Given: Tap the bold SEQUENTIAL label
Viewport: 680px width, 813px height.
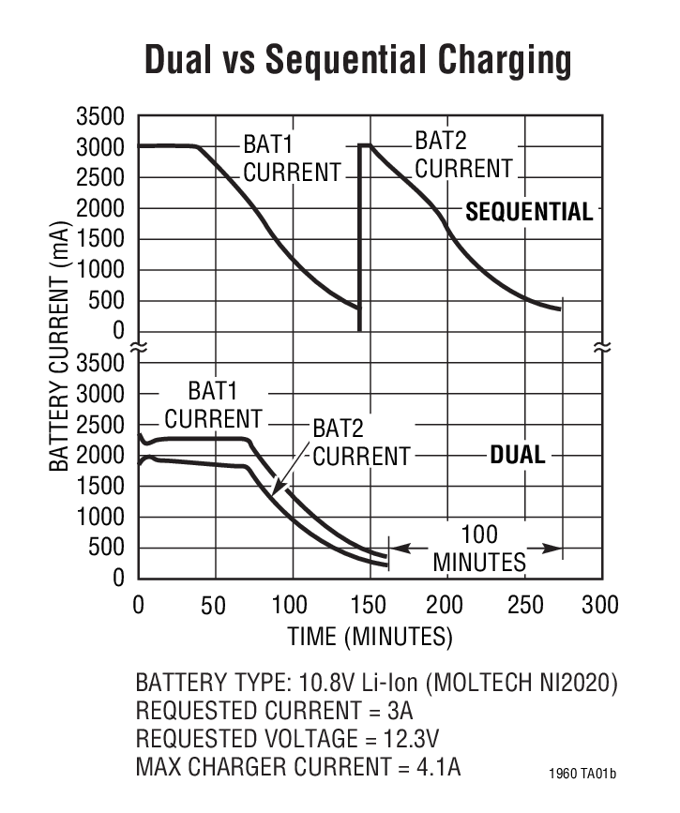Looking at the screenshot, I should (529, 211).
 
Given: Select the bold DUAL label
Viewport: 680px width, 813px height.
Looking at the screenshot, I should (517, 456).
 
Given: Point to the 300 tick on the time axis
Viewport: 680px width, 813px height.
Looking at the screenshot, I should (598, 605).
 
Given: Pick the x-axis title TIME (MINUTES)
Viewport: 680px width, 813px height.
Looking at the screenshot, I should (370, 638).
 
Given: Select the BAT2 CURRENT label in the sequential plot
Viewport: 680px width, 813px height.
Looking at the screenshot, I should (463, 156).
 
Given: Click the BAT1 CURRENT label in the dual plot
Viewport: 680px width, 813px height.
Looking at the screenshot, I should (212, 404).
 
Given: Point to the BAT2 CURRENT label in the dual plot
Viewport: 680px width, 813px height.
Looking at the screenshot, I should (361, 443).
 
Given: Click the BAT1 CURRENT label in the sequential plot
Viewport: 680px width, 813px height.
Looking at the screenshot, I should (292, 159).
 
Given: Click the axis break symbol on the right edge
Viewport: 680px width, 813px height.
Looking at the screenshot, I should (600, 348).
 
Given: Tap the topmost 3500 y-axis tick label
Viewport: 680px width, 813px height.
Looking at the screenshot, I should (98, 117).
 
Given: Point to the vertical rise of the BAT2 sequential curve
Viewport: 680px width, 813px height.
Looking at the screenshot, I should (360, 234).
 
